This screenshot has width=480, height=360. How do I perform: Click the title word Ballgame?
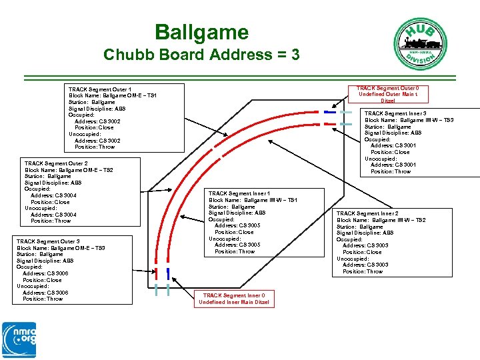[201, 32]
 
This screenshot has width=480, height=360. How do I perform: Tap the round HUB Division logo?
[417, 42]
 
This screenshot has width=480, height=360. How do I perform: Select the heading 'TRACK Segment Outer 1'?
[99, 89]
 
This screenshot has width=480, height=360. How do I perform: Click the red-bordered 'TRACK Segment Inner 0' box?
[234, 299]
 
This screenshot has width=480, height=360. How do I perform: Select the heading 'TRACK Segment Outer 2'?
[56, 163]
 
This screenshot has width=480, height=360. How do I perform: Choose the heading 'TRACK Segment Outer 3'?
[48, 241]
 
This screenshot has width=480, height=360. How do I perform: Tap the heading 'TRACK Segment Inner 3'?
[395, 113]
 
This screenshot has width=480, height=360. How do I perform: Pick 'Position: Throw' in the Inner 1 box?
[235, 251]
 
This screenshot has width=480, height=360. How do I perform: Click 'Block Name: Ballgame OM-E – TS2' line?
[69, 170]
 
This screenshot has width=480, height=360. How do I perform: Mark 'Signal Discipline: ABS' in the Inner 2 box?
[365, 233]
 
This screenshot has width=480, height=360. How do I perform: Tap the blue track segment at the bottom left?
[167, 272]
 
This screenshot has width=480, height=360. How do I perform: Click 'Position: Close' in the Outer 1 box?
[94, 127]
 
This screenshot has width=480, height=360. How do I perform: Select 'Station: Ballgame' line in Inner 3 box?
[387, 127]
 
